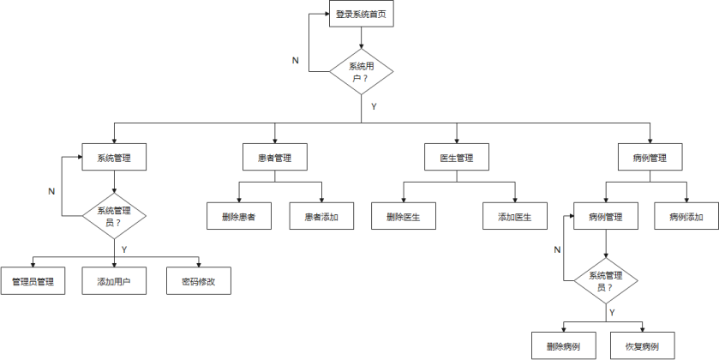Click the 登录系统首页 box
pyautogui.click(x=362, y=15)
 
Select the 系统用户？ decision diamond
pyautogui.click(x=362, y=71)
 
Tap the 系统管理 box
pyautogui.click(x=114, y=158)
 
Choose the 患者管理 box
pyautogui.click(x=274, y=158)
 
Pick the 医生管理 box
pyautogui.click(x=457, y=158)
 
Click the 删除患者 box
pyautogui.click(x=238, y=217)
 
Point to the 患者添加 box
pyautogui.click(x=321, y=217)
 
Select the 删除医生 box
pyautogui.click(x=403, y=217)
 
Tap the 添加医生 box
pyautogui.click(x=515, y=217)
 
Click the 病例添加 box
pyautogui.click(x=686, y=217)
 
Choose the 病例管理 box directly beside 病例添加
pyautogui.click(x=606, y=217)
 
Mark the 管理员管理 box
pyautogui.click(x=33, y=281)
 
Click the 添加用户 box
pyautogui.click(x=114, y=281)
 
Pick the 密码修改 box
pyautogui.click(x=198, y=281)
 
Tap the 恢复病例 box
pyautogui.click(x=643, y=346)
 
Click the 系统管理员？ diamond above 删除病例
pyautogui.click(x=606, y=281)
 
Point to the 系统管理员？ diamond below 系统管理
pyautogui.click(x=114, y=216)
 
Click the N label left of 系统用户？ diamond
pyautogui.click(x=296, y=61)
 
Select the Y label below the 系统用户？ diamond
pyautogui.click(x=374, y=107)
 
